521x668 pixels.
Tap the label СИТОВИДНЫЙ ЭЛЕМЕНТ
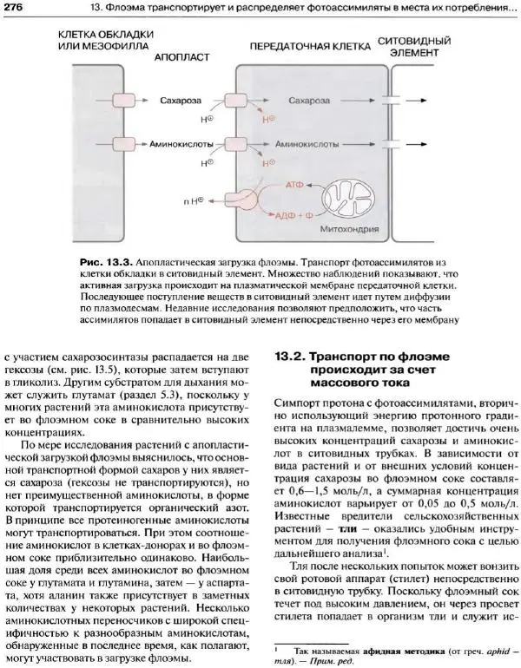tap(419, 47)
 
